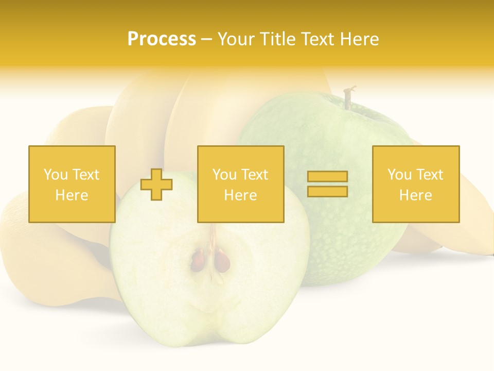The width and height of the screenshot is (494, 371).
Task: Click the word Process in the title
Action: tap(162, 39)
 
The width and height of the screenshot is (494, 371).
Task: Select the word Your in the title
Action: tap(234, 39)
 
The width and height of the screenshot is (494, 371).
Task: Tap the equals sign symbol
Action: tap(327, 184)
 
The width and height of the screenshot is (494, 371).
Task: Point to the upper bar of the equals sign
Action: tap(327, 177)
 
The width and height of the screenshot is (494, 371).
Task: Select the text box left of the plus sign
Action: tap(72, 184)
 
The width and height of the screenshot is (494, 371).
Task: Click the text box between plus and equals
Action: tap(240, 184)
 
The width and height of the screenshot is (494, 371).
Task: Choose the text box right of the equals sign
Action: tap(416, 184)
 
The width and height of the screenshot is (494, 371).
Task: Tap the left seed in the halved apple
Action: tap(197, 261)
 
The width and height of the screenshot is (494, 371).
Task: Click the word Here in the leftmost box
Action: tap(72, 195)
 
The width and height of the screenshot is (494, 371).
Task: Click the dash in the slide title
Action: tap(207, 40)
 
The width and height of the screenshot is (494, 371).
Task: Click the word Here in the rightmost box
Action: tap(416, 195)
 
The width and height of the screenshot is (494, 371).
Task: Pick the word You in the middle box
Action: tap(225, 175)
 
